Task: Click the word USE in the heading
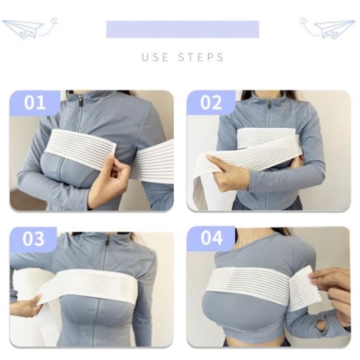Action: click(155, 57)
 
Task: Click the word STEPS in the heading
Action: click(201, 57)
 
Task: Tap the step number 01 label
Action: click(35, 102)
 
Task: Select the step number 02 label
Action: click(211, 102)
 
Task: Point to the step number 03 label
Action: click(34, 239)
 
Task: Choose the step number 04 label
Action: click(211, 238)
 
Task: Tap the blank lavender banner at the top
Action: click(183, 29)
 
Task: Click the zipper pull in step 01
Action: click(80, 100)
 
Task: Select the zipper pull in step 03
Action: click(107, 241)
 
